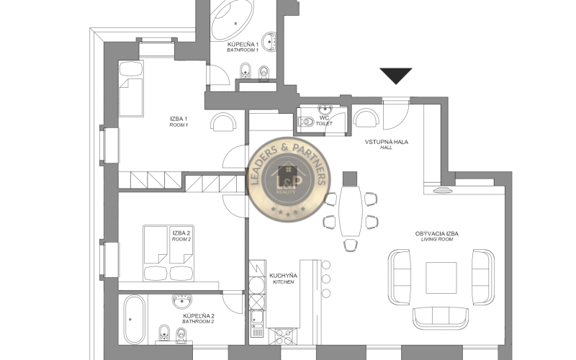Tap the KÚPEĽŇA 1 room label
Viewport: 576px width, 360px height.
point(243,45)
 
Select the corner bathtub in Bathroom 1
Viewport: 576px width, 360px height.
point(233,19)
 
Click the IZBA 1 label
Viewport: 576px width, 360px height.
point(179,119)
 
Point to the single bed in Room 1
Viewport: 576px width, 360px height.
point(131,89)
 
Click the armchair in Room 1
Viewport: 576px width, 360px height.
point(223,122)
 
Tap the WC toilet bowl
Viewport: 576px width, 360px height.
point(307,121)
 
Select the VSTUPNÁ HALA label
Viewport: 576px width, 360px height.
point(387,142)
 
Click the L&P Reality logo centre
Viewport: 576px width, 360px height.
point(289,180)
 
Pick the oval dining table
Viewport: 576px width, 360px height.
point(351,211)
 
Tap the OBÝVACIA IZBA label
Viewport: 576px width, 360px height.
point(437,233)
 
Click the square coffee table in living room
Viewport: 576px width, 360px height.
point(441,278)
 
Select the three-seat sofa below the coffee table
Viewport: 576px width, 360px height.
point(441,318)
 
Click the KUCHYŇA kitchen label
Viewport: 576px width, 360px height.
point(283,276)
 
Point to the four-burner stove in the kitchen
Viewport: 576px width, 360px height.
point(282,336)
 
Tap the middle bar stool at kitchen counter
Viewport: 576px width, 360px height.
point(326,279)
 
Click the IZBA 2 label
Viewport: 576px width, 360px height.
point(181,233)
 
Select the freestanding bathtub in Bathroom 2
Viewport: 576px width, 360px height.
point(134,320)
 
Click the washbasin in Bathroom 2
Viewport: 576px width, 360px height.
point(182,301)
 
